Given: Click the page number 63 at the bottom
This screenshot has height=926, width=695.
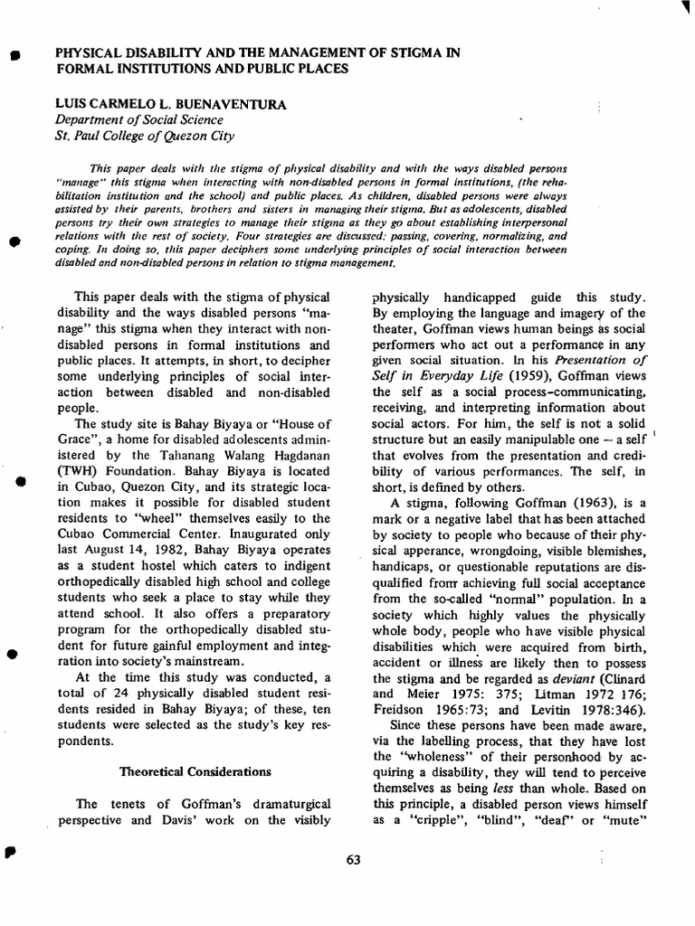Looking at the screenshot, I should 353,860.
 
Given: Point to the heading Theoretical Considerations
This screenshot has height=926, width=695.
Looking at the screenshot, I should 195,771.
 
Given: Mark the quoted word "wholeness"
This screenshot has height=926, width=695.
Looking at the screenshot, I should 433,753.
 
